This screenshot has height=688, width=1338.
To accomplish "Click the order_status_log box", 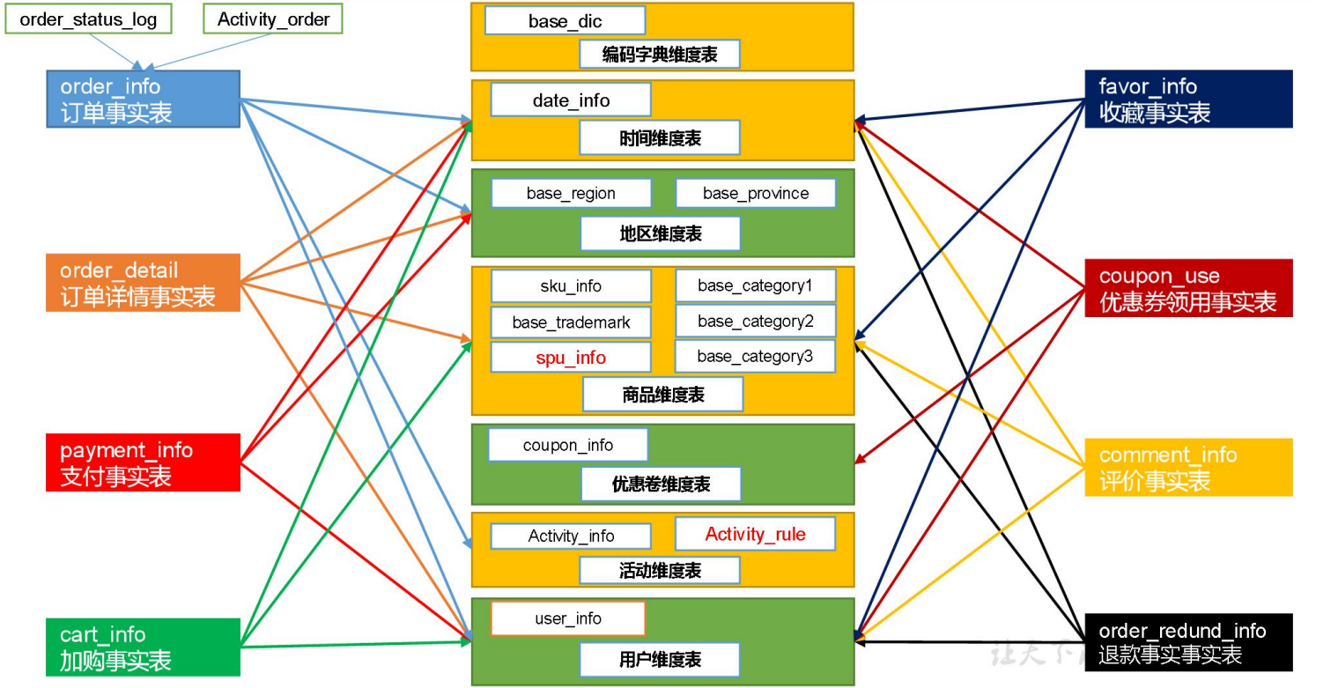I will click(x=88, y=19).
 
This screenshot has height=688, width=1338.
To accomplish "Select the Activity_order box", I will click(x=272, y=19).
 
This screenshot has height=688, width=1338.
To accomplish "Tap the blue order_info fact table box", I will click(x=143, y=99).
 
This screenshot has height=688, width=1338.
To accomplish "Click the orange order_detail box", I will click(x=143, y=282).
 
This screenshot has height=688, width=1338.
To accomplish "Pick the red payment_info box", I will click(x=143, y=462).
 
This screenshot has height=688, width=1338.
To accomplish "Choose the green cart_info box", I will click(x=143, y=647).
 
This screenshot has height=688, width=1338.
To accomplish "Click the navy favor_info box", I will click(x=1188, y=99).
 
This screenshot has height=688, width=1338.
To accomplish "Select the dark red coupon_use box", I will click(x=1188, y=288).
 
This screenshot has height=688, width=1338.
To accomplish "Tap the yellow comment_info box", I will click(x=1188, y=467).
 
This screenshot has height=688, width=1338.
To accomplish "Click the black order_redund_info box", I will click(x=1188, y=642).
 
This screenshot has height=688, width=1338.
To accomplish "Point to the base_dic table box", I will click(x=565, y=20).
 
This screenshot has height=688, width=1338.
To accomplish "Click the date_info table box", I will click(x=570, y=100).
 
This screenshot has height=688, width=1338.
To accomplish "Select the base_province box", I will click(x=755, y=193).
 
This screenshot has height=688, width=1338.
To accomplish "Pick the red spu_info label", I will click(x=570, y=358).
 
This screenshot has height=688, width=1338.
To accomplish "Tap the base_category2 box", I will click(x=755, y=321).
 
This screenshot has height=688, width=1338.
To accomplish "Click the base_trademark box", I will click(x=570, y=322).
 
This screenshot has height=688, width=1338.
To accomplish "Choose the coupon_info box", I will click(x=567, y=445).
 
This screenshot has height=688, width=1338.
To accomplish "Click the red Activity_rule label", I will click(x=755, y=534).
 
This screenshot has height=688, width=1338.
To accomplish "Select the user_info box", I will click(x=567, y=618).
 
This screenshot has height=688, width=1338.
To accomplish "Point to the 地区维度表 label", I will click(x=659, y=233).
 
